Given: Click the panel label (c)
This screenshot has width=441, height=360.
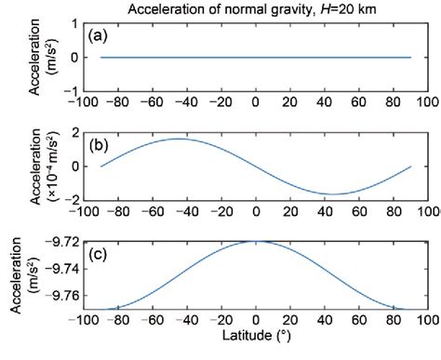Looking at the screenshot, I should coord(100,251).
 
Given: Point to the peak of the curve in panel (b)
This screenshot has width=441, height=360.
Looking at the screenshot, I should coord(178,139).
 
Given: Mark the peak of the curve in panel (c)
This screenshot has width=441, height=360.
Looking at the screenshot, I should coord(256,241).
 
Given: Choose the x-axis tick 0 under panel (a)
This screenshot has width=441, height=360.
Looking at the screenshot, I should coord(256,105).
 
